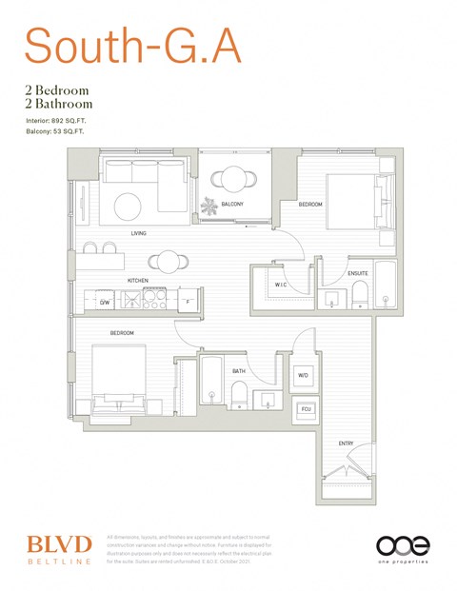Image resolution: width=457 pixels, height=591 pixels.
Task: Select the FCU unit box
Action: [x=306, y=409]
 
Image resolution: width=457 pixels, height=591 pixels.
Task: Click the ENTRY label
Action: [x=346, y=444]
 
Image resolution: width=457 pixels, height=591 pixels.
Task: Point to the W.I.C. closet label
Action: [x=282, y=285]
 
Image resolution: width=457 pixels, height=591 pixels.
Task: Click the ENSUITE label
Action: [x=358, y=274]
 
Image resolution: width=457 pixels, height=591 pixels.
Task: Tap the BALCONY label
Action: [x=232, y=205]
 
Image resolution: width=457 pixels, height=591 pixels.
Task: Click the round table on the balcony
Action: [x=232, y=178]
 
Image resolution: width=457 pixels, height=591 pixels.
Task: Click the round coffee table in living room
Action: [x=129, y=206]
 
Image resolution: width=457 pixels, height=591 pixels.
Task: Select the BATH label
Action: [x=238, y=371]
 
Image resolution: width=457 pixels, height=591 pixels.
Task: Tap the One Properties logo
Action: [x=403, y=548]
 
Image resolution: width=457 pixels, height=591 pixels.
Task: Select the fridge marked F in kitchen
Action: [x=189, y=302]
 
